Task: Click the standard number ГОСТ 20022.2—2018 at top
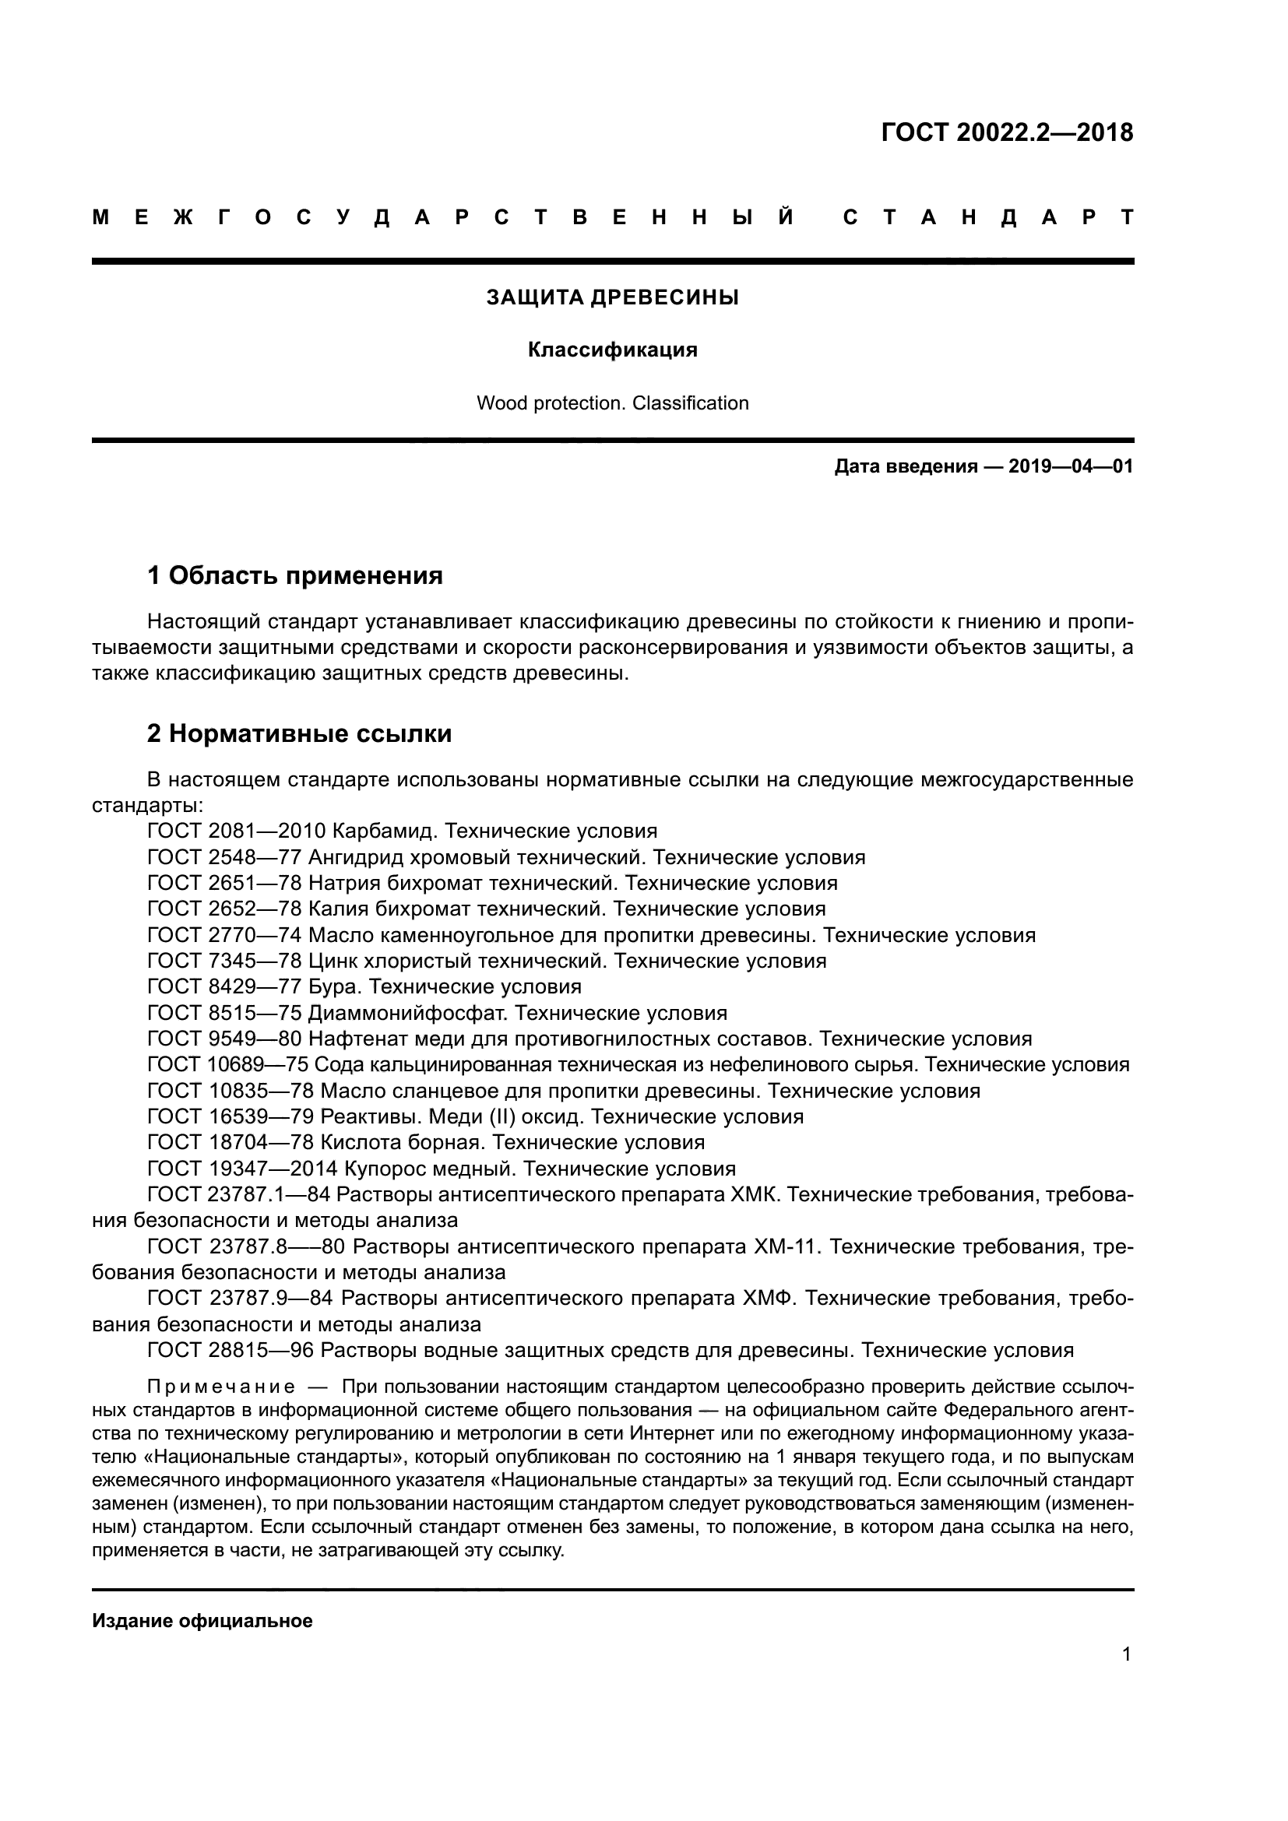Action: (x=1006, y=133)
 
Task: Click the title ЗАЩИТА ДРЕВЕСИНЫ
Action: (x=612, y=298)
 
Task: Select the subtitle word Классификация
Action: (x=612, y=350)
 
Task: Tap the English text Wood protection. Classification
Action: (x=612, y=404)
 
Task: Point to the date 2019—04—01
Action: (x=1071, y=466)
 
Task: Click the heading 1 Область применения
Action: (x=295, y=575)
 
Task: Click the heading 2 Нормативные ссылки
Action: (x=299, y=733)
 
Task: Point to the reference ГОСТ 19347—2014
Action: (x=243, y=1169)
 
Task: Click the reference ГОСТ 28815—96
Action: (x=231, y=1350)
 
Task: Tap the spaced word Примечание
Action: (x=221, y=1387)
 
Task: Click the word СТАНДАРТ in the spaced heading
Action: (x=988, y=217)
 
